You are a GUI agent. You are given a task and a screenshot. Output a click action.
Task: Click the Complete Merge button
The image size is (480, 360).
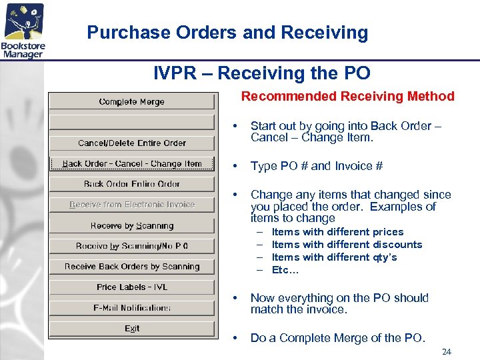pos(132,102)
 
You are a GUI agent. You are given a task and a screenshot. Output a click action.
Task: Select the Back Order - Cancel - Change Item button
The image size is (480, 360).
pos(132,163)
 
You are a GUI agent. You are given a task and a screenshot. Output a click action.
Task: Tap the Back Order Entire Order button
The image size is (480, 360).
pos(132,184)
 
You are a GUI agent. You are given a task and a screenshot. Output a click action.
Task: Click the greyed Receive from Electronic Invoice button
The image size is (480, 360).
pos(132,205)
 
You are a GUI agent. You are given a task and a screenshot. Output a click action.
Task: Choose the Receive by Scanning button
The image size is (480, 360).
pos(132,225)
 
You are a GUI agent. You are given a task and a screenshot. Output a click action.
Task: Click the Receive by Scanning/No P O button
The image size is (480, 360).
pos(132,246)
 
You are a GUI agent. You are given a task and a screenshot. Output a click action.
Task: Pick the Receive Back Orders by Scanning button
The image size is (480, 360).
pos(132,267)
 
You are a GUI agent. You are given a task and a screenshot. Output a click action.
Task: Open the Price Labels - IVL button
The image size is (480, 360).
pos(132,287)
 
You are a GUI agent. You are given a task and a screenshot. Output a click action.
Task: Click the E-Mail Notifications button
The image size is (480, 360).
pos(132,308)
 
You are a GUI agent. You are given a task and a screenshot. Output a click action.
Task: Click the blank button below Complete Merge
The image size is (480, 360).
pos(132,123)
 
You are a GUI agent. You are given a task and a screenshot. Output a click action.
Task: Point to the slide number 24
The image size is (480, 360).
pos(446,351)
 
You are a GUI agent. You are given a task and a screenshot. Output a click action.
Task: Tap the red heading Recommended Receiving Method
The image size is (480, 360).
pos(347,97)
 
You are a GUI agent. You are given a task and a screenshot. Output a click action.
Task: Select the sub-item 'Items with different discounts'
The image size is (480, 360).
pos(347,245)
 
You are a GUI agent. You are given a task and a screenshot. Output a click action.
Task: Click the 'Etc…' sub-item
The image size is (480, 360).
pos(285,270)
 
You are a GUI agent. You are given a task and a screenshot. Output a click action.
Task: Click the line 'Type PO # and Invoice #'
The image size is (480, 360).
pos(316,166)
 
